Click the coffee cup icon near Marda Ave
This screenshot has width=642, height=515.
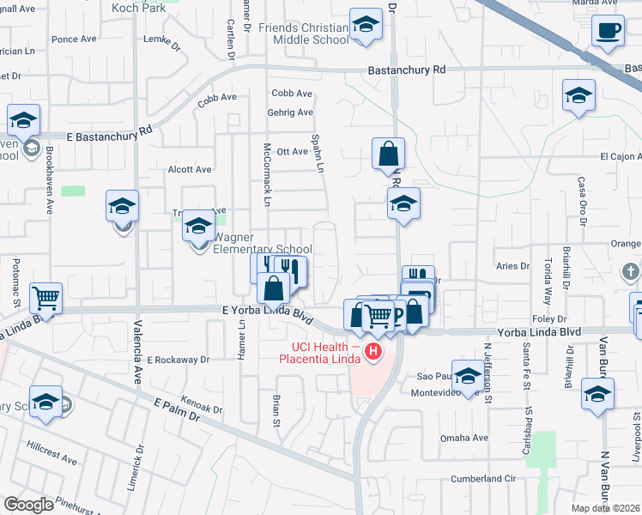(x=609, y=32)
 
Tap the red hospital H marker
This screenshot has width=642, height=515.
(x=372, y=351)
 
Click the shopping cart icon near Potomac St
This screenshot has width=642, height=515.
(x=46, y=299)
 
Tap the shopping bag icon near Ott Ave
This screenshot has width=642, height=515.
(x=388, y=154)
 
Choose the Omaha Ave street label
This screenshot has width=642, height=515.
(x=464, y=438)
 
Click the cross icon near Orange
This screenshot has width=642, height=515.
(x=630, y=273)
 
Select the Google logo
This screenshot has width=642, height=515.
(x=28, y=504)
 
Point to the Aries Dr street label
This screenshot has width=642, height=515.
(x=513, y=266)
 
